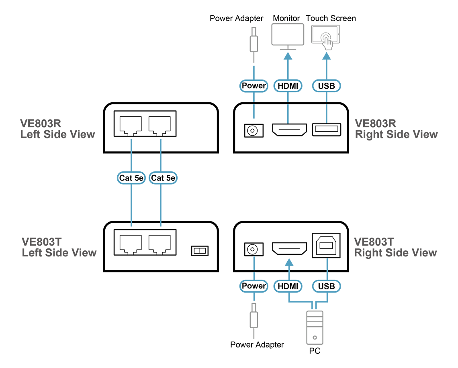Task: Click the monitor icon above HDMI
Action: pos(288,35)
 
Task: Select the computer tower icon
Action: pos(315,327)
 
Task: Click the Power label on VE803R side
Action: pos(254,85)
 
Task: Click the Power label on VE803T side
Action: pos(254,286)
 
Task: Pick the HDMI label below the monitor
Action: pos(288,85)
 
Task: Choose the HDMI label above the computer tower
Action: pos(288,286)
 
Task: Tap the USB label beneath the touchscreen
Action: pos(326,85)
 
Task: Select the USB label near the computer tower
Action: pos(326,286)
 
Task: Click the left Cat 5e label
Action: pos(131,178)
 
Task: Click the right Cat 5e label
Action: pos(163,178)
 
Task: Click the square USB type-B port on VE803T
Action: pos(326,245)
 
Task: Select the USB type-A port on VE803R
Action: pos(326,130)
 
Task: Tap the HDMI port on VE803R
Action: pos(290,130)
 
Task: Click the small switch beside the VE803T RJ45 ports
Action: pos(200,251)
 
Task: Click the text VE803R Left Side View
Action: pos(57,129)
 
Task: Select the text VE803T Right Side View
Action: pos(395,247)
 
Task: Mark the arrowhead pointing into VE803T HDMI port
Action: pos(288,263)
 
